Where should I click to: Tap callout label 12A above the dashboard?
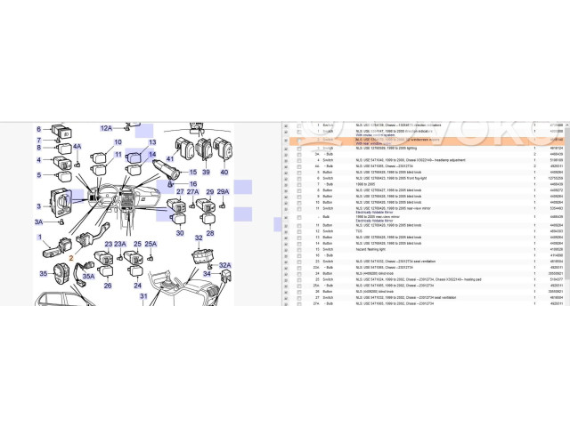(x=107, y=128)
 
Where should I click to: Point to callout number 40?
(x=224, y=171)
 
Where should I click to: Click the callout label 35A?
(x=88, y=276)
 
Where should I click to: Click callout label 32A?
(x=224, y=264)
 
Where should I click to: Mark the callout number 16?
(x=191, y=183)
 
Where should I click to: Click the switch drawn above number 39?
(x=203, y=149)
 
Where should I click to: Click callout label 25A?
(x=151, y=244)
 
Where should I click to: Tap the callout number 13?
(x=152, y=142)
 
